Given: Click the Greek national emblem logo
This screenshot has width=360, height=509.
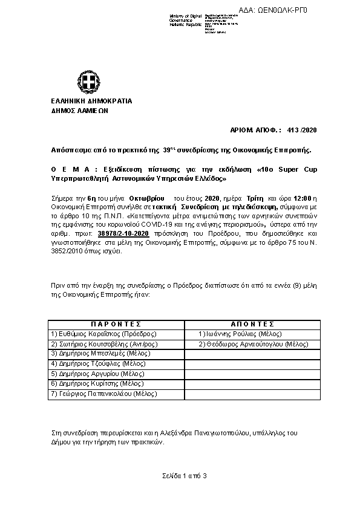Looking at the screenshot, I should click(84, 82).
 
